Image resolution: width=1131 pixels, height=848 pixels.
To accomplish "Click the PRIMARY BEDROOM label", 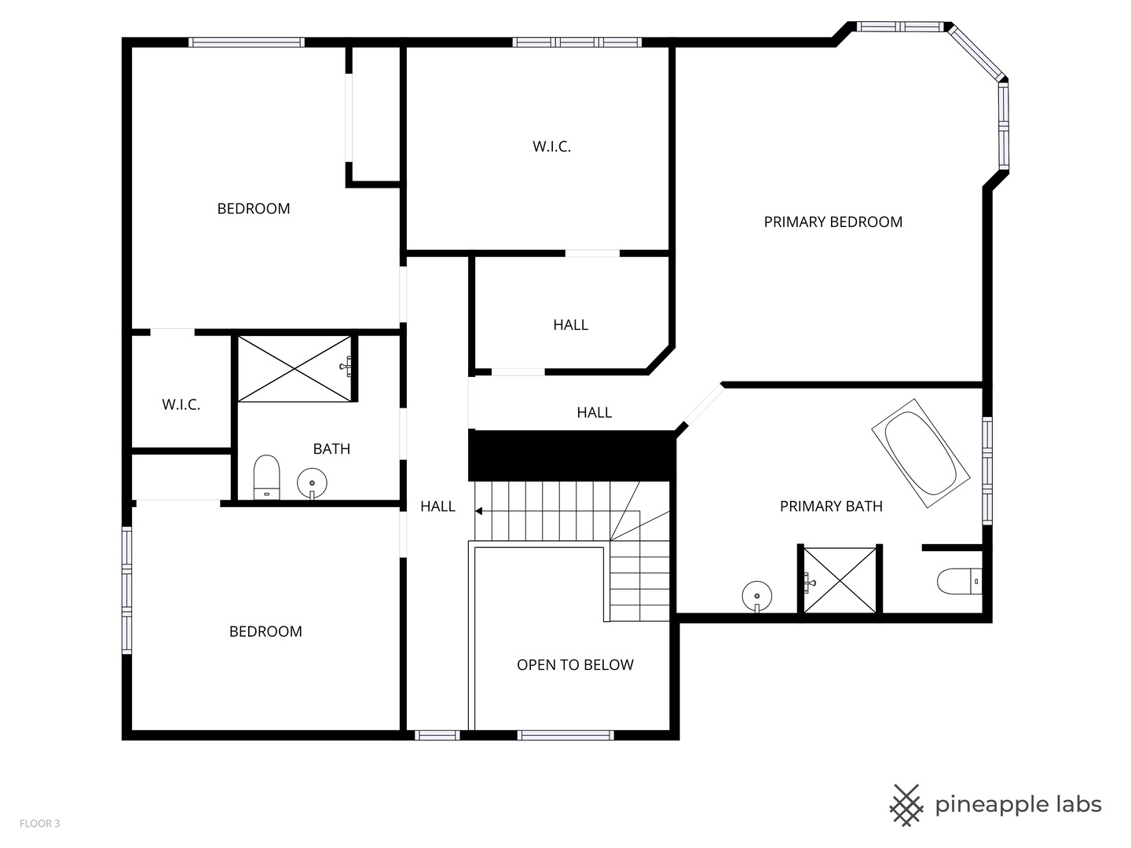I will (x=833, y=222).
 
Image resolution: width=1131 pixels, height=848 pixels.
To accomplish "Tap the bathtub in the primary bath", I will (x=920, y=453).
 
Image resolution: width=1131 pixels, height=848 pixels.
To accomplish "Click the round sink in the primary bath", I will (x=756, y=595).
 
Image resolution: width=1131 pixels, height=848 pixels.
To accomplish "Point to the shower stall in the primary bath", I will (x=840, y=581).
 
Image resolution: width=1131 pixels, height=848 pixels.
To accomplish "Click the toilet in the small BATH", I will (x=267, y=477).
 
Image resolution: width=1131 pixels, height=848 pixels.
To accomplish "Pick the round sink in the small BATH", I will (x=312, y=483).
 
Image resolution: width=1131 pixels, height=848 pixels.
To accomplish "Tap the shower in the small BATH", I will (x=295, y=369).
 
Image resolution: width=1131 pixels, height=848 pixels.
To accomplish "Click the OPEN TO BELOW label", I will (x=575, y=665).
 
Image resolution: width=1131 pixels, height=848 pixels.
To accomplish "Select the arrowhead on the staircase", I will (x=478, y=511).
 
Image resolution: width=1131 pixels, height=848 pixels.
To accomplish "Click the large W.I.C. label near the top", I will (x=551, y=147).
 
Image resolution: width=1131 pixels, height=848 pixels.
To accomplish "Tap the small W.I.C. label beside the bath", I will (x=181, y=405).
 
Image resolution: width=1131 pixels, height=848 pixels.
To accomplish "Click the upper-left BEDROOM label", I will (x=254, y=209).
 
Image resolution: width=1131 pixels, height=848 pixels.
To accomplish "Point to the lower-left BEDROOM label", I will (x=265, y=632).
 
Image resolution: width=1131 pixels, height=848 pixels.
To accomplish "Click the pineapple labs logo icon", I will (x=906, y=805).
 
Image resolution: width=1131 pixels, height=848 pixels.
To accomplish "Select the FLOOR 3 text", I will (x=39, y=824).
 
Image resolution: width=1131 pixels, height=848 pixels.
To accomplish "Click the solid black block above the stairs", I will (x=572, y=455).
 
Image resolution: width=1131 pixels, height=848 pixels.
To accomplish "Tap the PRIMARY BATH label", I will (x=831, y=506).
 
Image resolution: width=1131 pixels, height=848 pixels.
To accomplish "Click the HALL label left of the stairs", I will (x=437, y=507).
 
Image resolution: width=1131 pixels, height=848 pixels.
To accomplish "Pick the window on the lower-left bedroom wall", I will (x=126, y=589).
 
